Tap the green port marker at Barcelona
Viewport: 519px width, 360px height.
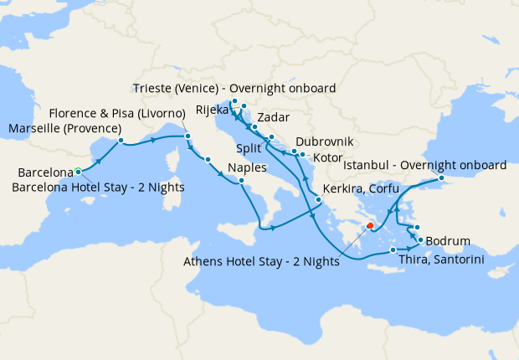pyautogui.click(x=78, y=170)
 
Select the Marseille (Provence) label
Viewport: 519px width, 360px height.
pyautogui.click(x=64, y=128)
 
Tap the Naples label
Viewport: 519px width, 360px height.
pyautogui.click(x=247, y=167)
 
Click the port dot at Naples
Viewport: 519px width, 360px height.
pyautogui.click(x=241, y=181)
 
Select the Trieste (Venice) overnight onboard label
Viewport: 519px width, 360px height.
pyautogui.click(x=234, y=89)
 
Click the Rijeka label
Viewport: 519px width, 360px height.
pyautogui.click(x=213, y=110)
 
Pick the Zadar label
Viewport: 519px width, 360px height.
pyautogui.click(x=275, y=117)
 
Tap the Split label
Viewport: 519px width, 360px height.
pyautogui.click(x=249, y=147)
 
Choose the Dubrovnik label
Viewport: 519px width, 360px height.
pyautogui.click(x=325, y=141)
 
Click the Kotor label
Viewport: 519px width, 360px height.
pyautogui.click(x=326, y=157)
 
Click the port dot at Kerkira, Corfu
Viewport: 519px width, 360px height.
pyautogui.click(x=318, y=199)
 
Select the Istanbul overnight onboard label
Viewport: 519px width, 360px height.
pyautogui.click(x=424, y=165)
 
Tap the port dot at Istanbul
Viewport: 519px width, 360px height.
pyautogui.click(x=442, y=178)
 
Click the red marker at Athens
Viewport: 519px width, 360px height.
pyautogui.click(x=370, y=226)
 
